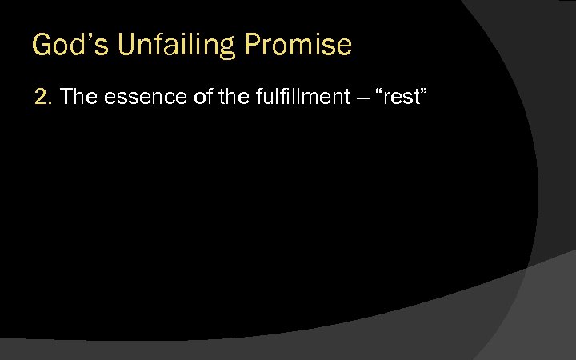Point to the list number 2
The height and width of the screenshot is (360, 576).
[42, 98]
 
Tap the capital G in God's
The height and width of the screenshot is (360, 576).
[42, 45]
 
